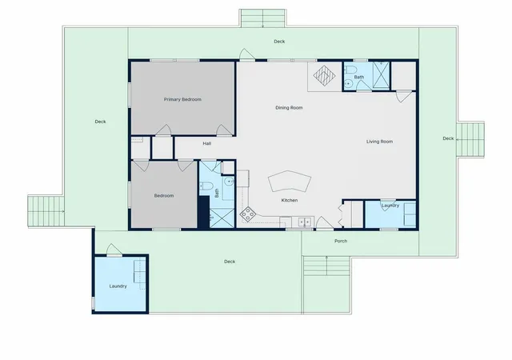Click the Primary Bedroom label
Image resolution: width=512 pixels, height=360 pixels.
[182, 99]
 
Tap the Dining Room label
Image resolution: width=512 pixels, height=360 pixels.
[289, 107]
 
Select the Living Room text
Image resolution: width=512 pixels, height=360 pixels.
[379, 142]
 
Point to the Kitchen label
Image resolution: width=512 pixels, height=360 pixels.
[290, 200]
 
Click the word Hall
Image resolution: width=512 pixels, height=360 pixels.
[206, 143]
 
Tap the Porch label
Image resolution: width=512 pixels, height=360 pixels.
[341, 241]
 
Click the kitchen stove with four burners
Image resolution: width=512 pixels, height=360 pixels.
[248, 214]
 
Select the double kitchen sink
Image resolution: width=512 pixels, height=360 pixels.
[305, 222]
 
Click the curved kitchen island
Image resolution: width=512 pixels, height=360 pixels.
[290, 182]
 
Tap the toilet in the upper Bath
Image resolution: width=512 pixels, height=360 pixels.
[351, 70]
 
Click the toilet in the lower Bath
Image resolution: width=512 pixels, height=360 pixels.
[206, 186]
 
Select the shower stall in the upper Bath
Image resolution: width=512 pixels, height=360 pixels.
[382, 75]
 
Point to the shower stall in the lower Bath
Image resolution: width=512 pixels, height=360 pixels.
[222, 218]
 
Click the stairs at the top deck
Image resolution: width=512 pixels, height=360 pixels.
[263, 18]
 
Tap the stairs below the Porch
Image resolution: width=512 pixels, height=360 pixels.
[326, 266]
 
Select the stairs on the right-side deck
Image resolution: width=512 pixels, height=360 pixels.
[470, 139]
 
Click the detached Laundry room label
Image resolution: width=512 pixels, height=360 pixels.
[118, 286]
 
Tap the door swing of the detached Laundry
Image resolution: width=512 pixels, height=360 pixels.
[114, 250]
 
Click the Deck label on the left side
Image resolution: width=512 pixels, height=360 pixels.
[100, 122]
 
